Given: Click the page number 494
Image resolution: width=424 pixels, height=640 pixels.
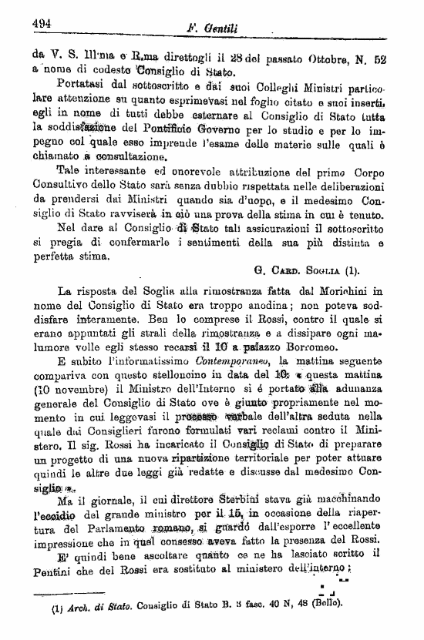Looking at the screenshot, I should point(42,23).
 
